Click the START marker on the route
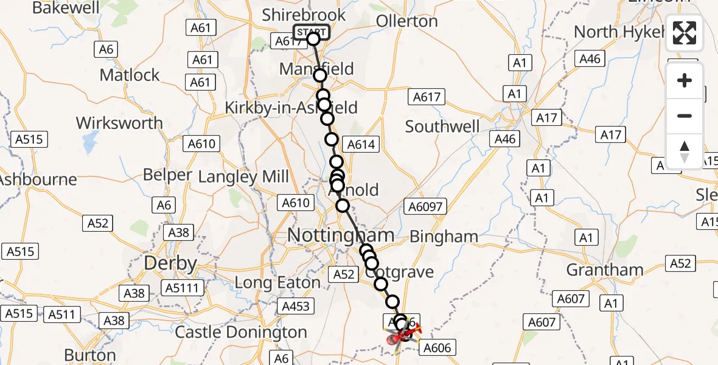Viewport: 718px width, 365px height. click(x=312, y=32)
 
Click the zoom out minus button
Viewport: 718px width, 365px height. click(x=685, y=116)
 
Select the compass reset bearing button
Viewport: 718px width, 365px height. click(x=685, y=151)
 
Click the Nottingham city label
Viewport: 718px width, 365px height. click(x=340, y=235)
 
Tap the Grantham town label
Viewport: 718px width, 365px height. click(x=604, y=269)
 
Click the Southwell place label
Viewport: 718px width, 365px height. click(x=442, y=127)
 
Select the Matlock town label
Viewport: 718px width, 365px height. click(x=130, y=75)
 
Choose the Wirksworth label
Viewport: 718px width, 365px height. click(x=119, y=123)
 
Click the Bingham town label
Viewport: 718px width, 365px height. click(x=444, y=236)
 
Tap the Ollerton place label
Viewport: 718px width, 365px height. click(x=406, y=21)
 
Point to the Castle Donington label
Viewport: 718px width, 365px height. click(x=241, y=332)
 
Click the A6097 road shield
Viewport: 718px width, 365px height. click(x=425, y=207)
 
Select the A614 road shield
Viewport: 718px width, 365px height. click(x=361, y=145)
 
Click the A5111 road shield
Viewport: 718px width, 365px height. click(x=183, y=288)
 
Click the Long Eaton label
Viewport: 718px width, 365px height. click(x=277, y=283)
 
